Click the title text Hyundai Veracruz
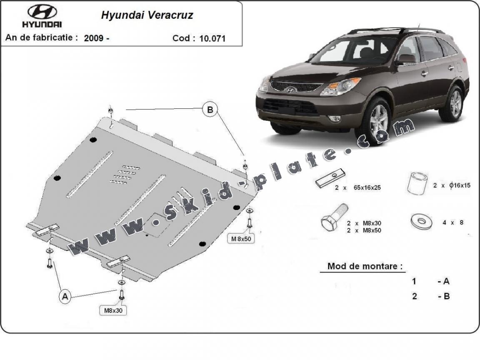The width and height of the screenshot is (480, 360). [x=147, y=16]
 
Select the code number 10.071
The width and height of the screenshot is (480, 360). [x=212, y=38]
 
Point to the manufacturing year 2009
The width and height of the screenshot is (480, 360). [x=94, y=38]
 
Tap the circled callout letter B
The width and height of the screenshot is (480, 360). [x=210, y=110]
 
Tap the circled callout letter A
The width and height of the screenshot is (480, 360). [x=65, y=297]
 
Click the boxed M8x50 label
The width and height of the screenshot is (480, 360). [x=240, y=239]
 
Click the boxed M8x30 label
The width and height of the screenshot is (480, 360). [x=113, y=310]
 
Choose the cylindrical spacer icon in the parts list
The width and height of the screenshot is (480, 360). [x=417, y=183]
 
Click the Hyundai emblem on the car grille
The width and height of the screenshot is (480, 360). [x=290, y=90]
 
